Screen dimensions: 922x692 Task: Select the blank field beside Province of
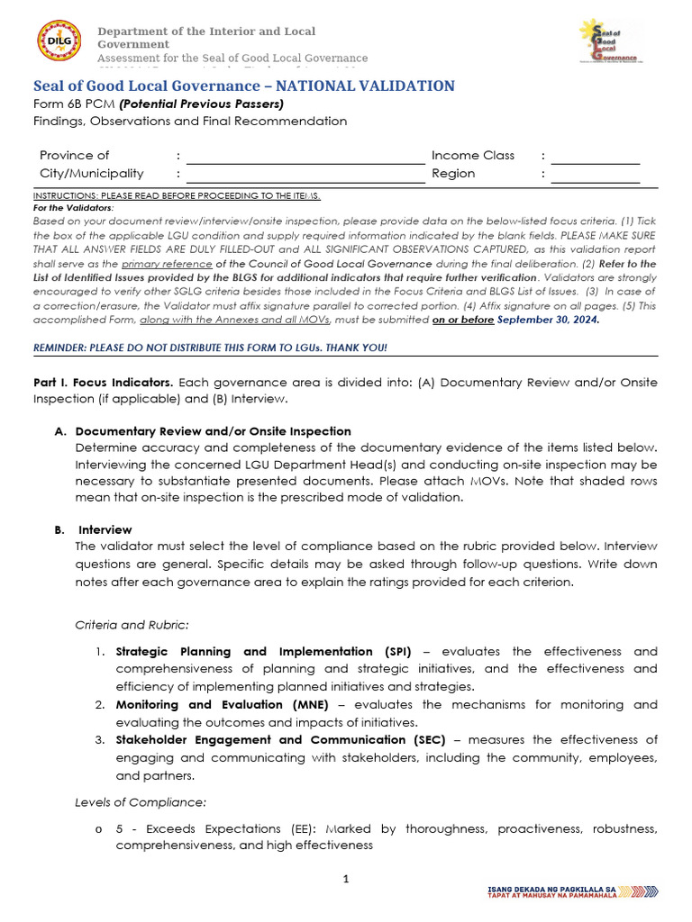click(305, 156)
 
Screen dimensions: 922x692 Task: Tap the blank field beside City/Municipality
click(305, 174)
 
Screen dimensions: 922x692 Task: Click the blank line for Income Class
click(595, 156)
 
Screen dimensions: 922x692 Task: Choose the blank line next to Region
click(595, 174)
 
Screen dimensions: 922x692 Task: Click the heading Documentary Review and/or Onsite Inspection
click(213, 431)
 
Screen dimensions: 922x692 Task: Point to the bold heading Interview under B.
click(105, 529)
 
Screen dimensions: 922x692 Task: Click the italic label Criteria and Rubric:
click(131, 624)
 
